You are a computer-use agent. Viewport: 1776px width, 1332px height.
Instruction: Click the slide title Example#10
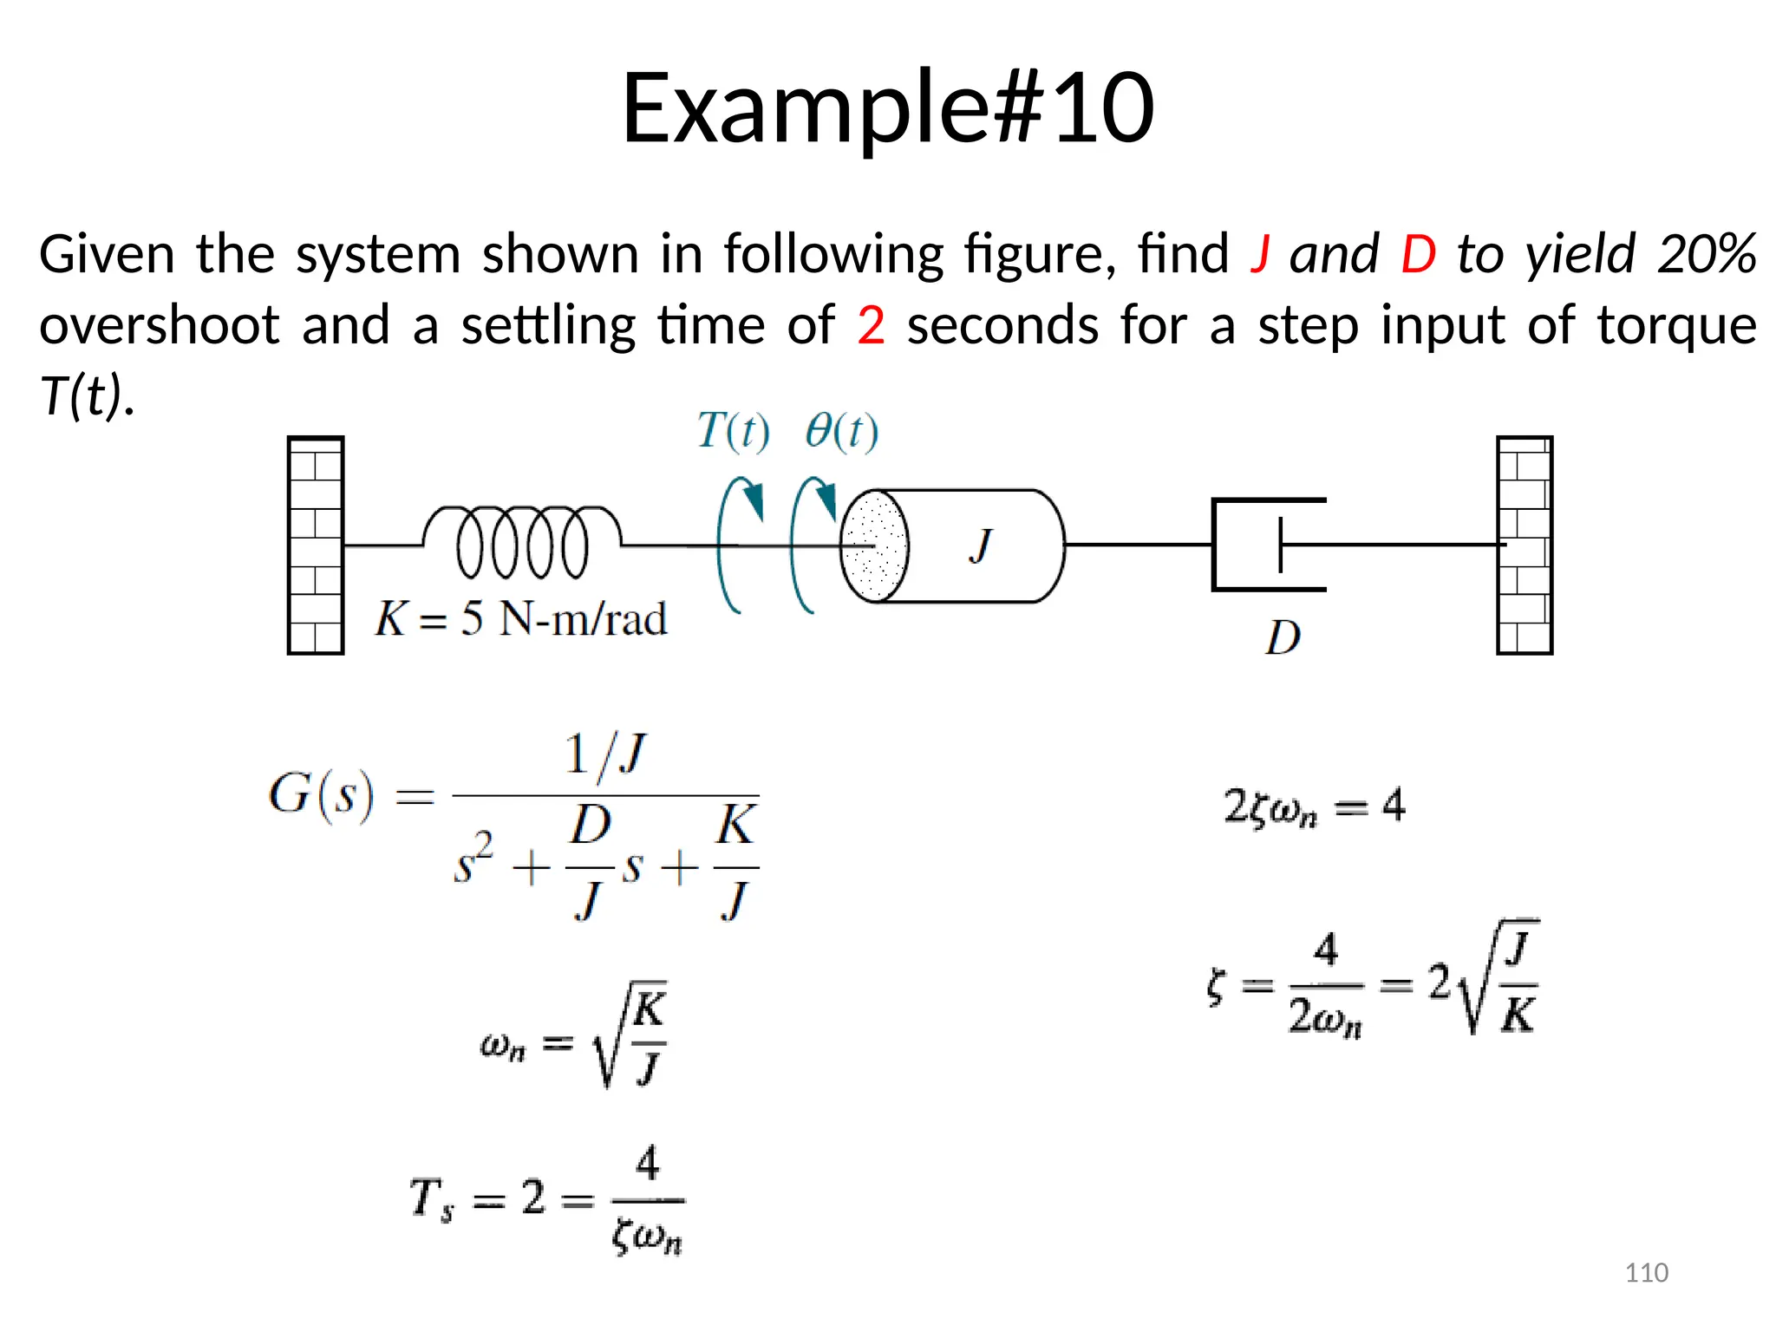[x=887, y=108]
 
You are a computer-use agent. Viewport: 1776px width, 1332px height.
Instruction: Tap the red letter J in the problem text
[x=1260, y=255]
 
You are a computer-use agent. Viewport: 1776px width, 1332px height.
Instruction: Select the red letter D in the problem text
[x=1418, y=255]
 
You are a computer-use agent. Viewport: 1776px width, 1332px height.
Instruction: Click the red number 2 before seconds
[x=871, y=326]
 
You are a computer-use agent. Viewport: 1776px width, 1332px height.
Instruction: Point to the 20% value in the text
[x=1707, y=255]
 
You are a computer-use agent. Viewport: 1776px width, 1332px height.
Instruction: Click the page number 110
[x=1646, y=1272]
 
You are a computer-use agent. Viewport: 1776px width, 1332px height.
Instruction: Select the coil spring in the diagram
[x=522, y=543]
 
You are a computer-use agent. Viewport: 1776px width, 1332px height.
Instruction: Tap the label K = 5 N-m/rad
[x=521, y=619]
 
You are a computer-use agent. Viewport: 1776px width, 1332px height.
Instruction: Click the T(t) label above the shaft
[x=733, y=431]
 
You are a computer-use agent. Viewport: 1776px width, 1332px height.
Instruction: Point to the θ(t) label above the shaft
[x=841, y=431]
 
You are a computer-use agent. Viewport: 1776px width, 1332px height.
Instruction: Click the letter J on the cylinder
[x=981, y=546]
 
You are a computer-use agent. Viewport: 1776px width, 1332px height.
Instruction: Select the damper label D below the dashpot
[x=1283, y=638]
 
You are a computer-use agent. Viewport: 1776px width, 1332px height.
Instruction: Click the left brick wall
[x=316, y=545]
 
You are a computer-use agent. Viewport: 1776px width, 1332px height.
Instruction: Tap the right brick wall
[x=1524, y=545]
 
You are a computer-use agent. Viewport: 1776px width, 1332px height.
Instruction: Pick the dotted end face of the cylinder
[x=874, y=546]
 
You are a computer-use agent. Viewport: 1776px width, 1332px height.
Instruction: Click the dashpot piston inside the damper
[x=1280, y=545]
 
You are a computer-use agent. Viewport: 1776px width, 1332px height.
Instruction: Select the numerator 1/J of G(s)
[x=605, y=754]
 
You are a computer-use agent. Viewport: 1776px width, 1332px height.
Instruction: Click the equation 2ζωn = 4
[x=1314, y=806]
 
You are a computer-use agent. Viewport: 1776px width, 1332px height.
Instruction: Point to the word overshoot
[x=160, y=326]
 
